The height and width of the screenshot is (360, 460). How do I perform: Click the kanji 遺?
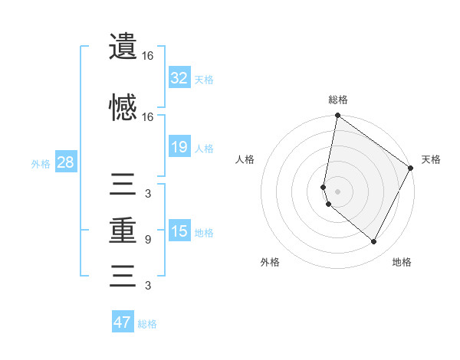[x=123, y=47]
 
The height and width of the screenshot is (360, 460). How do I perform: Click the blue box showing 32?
[x=179, y=77]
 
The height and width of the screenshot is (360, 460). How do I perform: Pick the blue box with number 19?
[x=179, y=147]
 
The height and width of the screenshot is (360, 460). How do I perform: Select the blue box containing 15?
[x=179, y=231]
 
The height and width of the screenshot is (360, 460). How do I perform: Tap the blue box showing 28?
[x=65, y=162]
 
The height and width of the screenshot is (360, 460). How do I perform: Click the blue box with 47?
[x=122, y=322]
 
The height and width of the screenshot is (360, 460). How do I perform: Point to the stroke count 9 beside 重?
[x=147, y=240]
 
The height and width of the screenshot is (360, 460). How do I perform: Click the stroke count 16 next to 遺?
[x=147, y=56]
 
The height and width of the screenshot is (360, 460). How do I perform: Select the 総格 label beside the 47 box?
[x=147, y=324]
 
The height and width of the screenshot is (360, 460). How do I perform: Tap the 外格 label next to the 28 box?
[x=41, y=163]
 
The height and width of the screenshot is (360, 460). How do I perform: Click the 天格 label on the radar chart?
[x=431, y=159]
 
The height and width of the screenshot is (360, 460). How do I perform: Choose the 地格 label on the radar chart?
[x=402, y=262]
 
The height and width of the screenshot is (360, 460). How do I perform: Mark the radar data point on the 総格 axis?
[x=337, y=116]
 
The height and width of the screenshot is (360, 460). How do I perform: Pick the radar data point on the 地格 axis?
[x=373, y=242]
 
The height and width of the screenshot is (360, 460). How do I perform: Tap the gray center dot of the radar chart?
[x=337, y=191]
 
